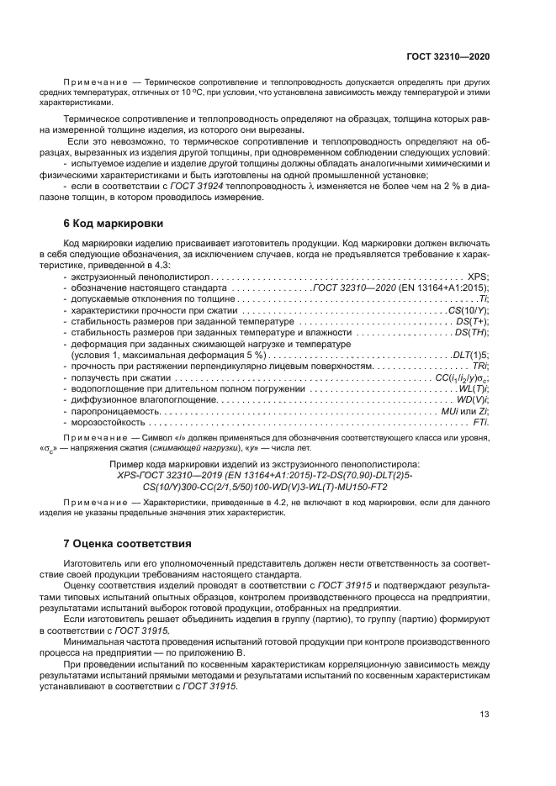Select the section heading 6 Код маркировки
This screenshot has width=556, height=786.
(x=109, y=224)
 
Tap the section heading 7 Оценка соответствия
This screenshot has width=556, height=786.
(x=127, y=543)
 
